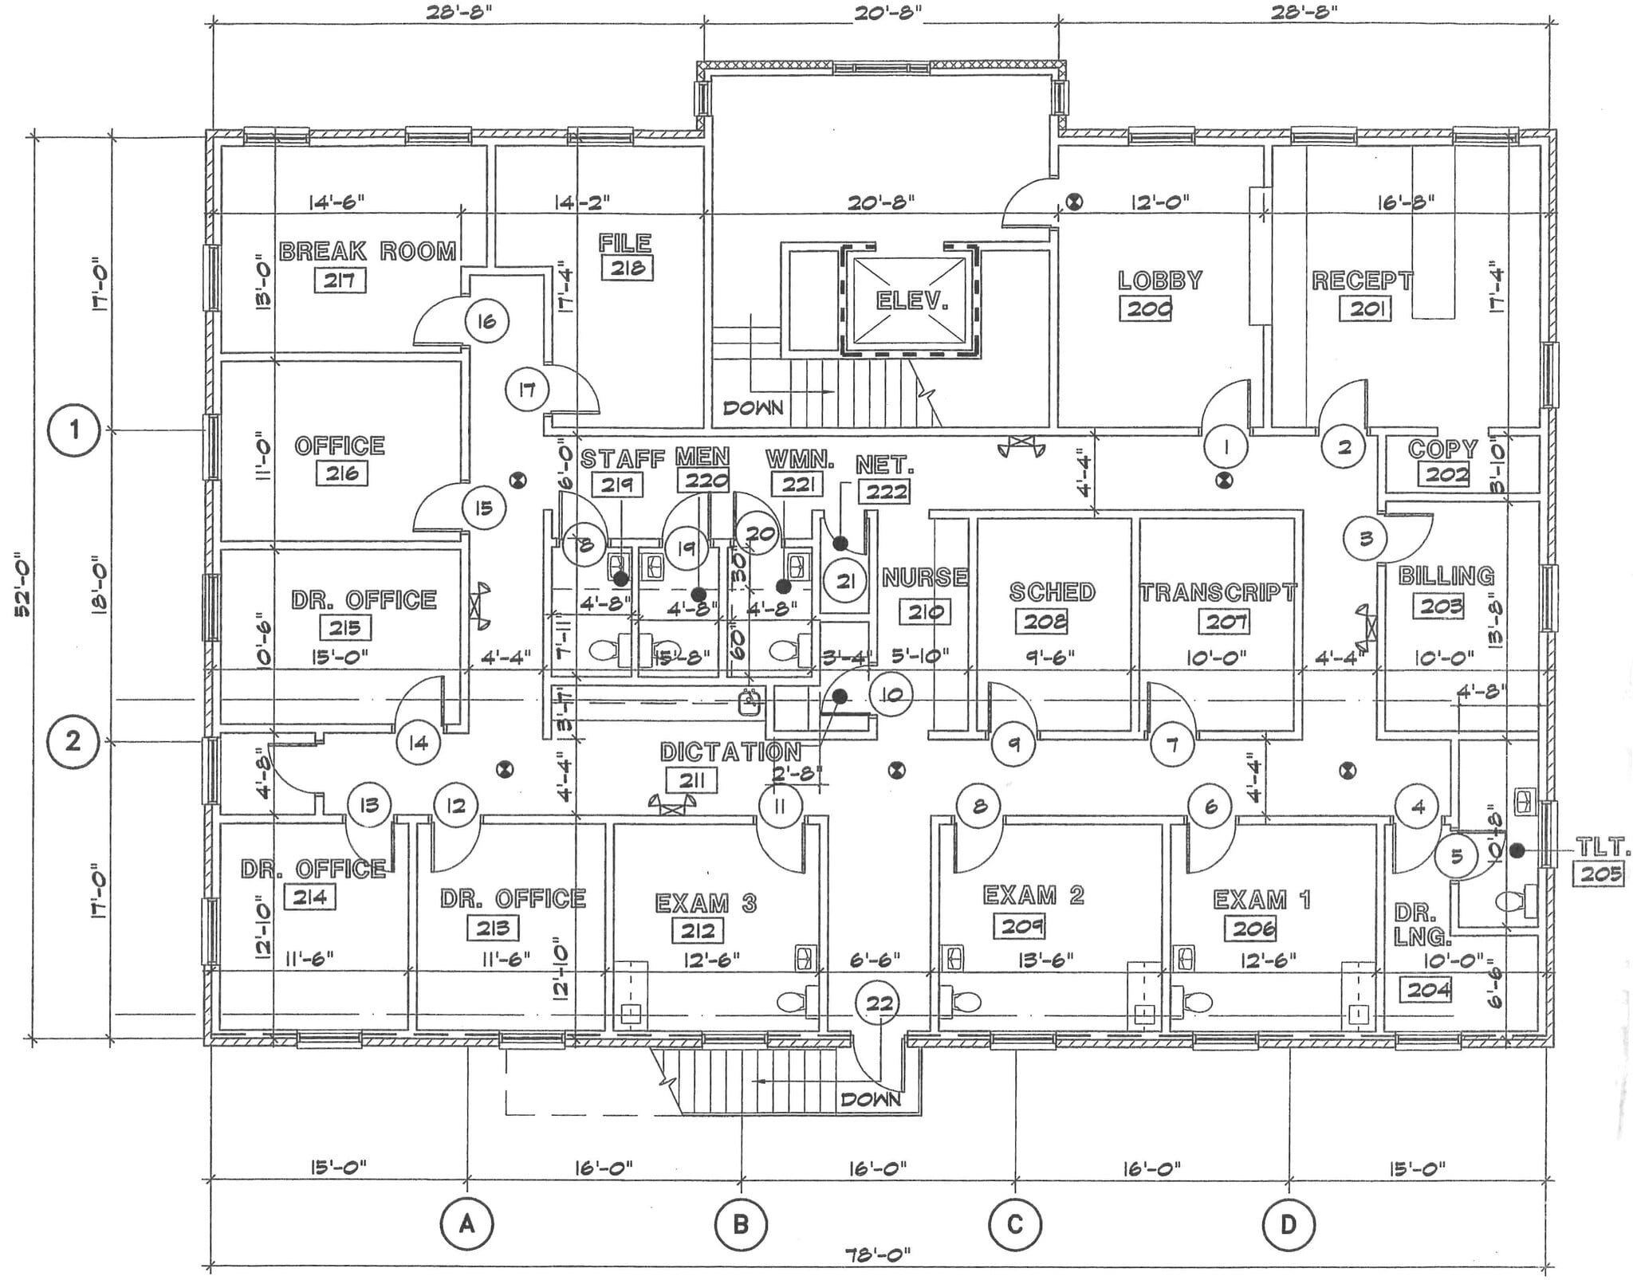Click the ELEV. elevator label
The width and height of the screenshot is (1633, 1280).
click(912, 300)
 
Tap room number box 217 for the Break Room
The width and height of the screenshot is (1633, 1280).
click(340, 281)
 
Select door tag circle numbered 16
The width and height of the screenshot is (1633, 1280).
click(486, 321)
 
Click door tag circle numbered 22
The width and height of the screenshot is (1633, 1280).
click(879, 1003)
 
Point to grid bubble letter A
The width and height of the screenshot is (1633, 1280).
click(467, 1223)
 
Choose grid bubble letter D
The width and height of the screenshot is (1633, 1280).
click(1289, 1223)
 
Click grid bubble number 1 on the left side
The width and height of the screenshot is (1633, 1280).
click(74, 430)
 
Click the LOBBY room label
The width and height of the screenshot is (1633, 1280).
click(1159, 281)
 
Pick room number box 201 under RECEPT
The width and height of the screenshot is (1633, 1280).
click(1366, 308)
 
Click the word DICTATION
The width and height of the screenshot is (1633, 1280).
click(730, 752)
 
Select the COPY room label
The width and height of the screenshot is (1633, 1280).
click(1442, 450)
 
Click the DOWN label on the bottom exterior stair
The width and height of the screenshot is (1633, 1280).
click(871, 1100)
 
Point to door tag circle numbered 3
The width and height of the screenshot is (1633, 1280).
click(1366, 539)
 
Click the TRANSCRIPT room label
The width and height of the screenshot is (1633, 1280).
click(1218, 592)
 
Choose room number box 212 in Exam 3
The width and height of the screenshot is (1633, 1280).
click(698, 930)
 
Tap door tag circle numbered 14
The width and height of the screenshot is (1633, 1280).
click(419, 743)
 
